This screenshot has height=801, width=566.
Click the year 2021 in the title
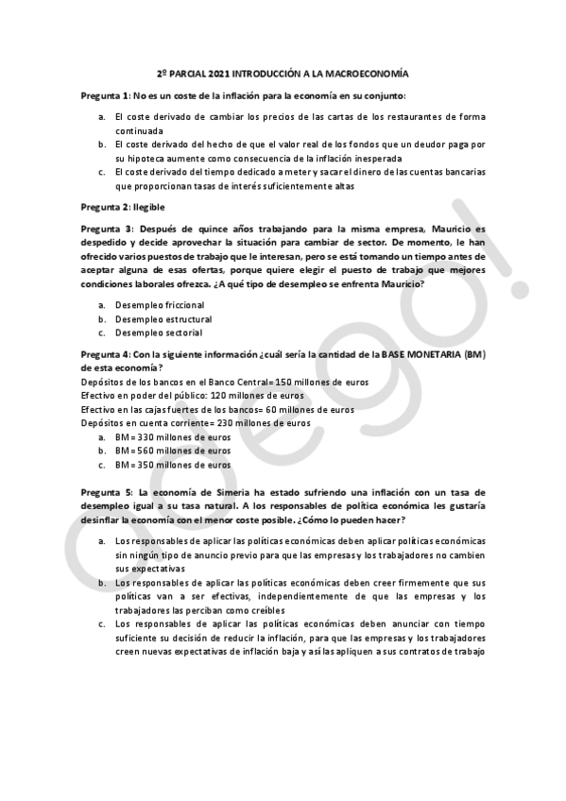(x=207, y=74)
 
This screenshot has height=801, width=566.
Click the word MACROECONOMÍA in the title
(x=367, y=74)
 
